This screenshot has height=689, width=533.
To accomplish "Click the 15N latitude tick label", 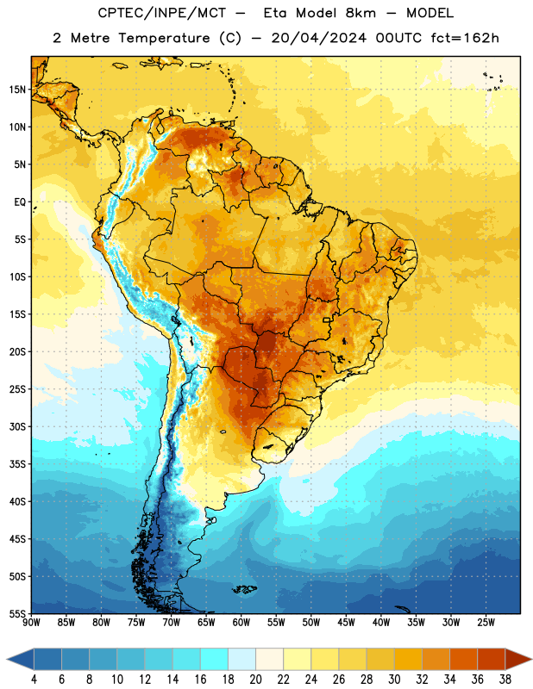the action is point(17,90).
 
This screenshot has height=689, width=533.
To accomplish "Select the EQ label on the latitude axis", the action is point(20,202).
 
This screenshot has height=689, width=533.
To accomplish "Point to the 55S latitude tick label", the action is point(17,613).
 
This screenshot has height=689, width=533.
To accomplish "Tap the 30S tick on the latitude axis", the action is point(17,426).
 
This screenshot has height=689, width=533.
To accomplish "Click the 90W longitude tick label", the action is point(32,623).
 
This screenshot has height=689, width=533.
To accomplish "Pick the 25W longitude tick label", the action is point(486,623).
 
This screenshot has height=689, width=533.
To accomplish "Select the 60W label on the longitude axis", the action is point(241,623).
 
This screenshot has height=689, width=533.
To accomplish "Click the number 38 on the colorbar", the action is point(505,680).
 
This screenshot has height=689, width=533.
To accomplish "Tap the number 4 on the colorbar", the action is point(34,680).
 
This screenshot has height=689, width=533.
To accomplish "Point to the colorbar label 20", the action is point(255,680).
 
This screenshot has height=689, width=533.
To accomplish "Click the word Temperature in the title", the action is point(164,38).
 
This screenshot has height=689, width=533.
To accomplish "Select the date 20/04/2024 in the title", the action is point(318,38).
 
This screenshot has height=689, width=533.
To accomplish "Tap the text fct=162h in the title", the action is point(465,38).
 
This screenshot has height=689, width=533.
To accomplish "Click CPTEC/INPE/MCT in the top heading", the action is point(162,13).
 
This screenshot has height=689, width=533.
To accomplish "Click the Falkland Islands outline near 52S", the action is point(244,589).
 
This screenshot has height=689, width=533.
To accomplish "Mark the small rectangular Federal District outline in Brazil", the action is point(327,320).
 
